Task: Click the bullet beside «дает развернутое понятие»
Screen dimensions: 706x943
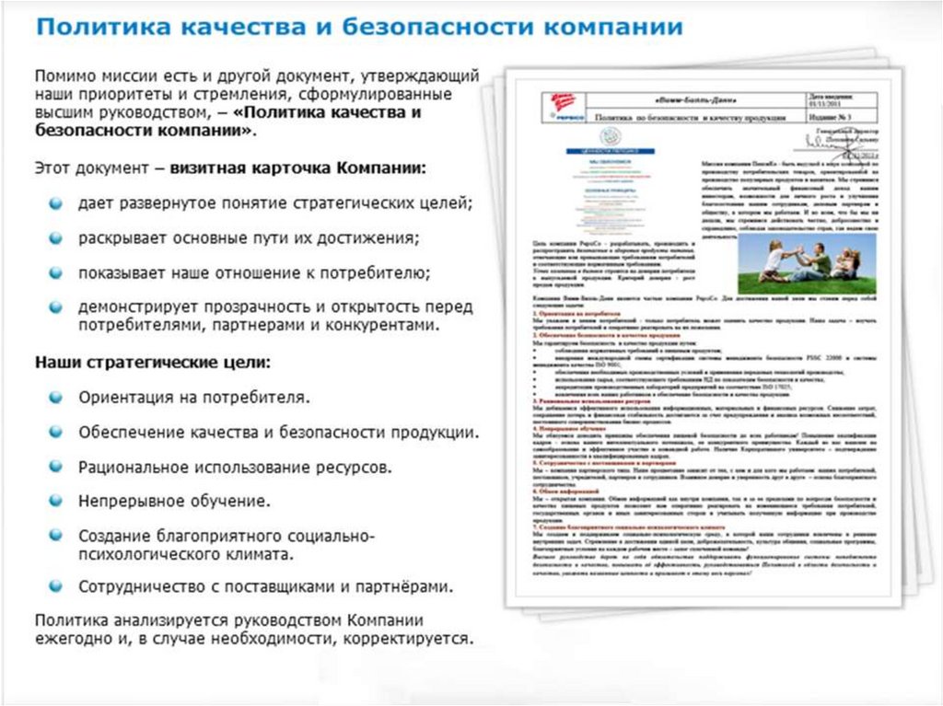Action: pos(57,203)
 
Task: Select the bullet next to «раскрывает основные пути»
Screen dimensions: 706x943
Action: pos(57,237)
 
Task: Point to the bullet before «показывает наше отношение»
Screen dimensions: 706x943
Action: pos(57,272)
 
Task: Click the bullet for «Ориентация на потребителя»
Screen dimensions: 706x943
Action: pos(57,398)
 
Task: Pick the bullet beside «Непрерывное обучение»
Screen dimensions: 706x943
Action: pos(57,501)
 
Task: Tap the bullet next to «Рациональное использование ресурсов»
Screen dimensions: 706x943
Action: pos(57,467)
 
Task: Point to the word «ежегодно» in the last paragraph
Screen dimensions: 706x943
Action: pos(73,637)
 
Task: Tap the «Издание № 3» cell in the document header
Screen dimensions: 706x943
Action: pos(830,117)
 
